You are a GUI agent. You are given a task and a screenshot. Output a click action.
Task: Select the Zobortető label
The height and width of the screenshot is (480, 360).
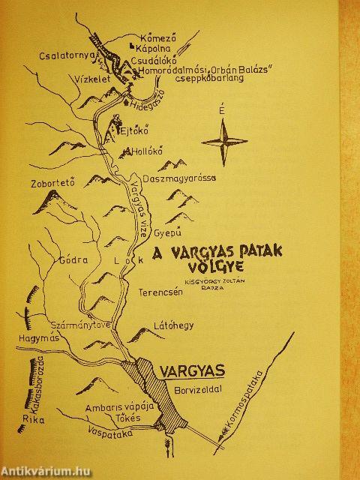(50, 181)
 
